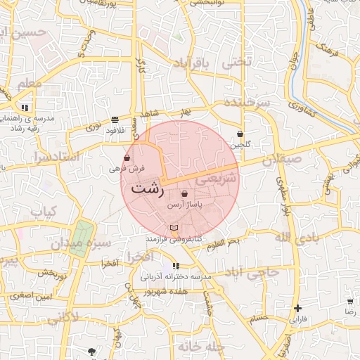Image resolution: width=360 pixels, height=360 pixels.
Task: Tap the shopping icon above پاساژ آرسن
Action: click(185, 193)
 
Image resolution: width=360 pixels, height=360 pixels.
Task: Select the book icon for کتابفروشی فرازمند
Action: click(174, 228)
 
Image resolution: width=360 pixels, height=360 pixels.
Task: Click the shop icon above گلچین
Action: click(240, 134)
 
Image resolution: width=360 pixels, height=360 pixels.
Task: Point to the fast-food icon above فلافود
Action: click(115, 120)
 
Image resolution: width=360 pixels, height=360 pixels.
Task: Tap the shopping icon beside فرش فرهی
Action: click(127, 158)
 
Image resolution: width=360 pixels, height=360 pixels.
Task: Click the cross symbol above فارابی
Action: click(298, 308)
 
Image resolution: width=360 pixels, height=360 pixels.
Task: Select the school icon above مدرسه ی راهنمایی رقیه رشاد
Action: click(25, 108)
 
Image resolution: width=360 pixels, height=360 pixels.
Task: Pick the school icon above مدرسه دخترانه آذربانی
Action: click(176, 266)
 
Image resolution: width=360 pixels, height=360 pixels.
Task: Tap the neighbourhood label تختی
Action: click(236, 63)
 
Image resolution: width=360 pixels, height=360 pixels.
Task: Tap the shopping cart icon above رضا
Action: click(350, 300)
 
